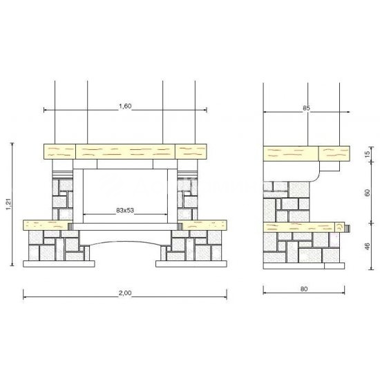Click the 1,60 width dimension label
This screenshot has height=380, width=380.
click(125, 106)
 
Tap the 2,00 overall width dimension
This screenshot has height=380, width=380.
click(125, 293)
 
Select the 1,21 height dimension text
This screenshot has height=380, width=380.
click(9, 204)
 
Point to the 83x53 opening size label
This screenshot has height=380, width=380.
click(125, 210)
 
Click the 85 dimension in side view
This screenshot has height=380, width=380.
click(306, 108)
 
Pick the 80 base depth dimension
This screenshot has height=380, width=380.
click(304, 289)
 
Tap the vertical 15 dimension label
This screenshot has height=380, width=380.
click(367, 153)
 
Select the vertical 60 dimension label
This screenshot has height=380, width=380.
click(367, 193)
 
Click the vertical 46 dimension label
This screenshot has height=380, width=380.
click(367, 246)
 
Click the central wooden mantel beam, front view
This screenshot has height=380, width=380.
click(126, 152)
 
